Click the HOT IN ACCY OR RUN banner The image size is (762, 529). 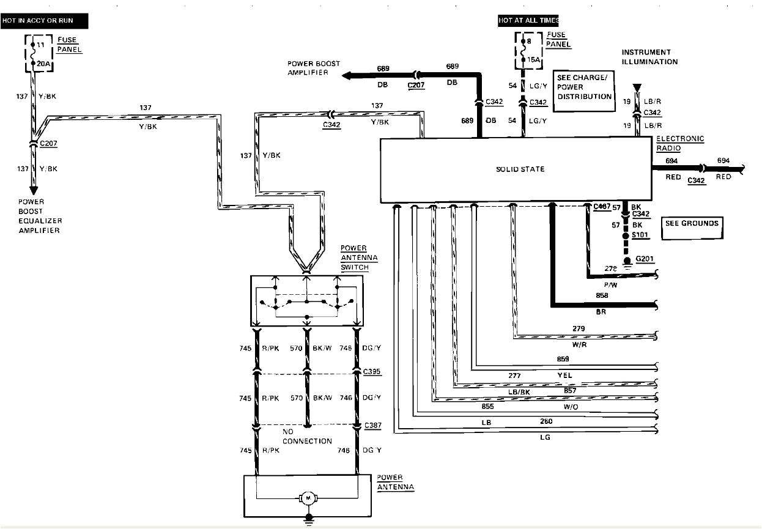click(45, 21)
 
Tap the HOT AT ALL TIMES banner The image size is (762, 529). click(528, 21)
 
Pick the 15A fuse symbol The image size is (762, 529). click(524, 51)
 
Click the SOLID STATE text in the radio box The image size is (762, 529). click(520, 169)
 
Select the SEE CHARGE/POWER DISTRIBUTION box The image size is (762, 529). click(584, 91)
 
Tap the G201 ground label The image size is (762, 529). click(645, 259)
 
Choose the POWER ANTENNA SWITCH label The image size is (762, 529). click(354, 257)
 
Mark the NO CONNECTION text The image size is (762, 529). click(307, 436)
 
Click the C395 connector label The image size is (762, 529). click(371, 372)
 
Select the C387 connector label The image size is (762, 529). click(371, 425)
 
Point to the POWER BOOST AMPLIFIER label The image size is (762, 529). click(314, 68)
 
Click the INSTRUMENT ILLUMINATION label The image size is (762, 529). click(649, 57)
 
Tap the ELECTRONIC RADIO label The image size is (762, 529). click(680, 143)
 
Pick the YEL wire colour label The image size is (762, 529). click(564, 375)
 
